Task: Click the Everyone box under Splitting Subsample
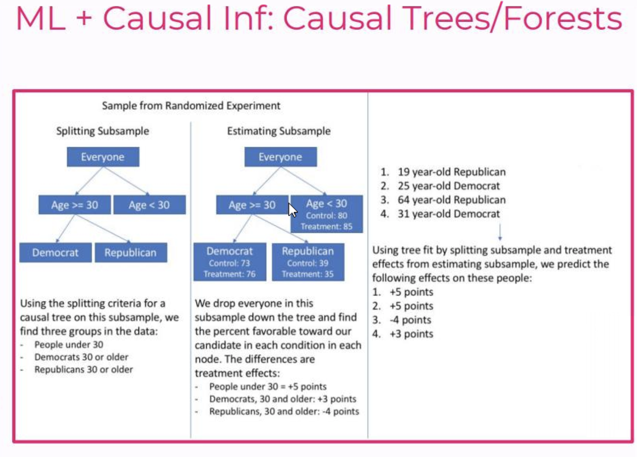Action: point(103,157)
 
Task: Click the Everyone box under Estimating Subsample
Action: point(280,157)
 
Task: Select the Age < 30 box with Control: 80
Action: point(327,214)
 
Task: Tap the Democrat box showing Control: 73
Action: point(230,262)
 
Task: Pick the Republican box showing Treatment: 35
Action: point(308,262)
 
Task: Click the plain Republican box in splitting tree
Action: point(131,253)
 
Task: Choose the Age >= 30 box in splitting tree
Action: point(74,205)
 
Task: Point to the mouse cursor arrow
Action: point(293,210)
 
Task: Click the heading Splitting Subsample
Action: point(103,131)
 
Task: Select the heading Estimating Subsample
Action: point(279,131)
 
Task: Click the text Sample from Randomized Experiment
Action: point(191,106)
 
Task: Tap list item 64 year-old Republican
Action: point(451,200)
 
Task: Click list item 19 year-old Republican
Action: point(451,172)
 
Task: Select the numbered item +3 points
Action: point(411,334)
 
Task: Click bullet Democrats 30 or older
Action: point(81,357)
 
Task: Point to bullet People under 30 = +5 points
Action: point(268,387)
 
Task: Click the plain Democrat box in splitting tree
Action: point(55,253)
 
